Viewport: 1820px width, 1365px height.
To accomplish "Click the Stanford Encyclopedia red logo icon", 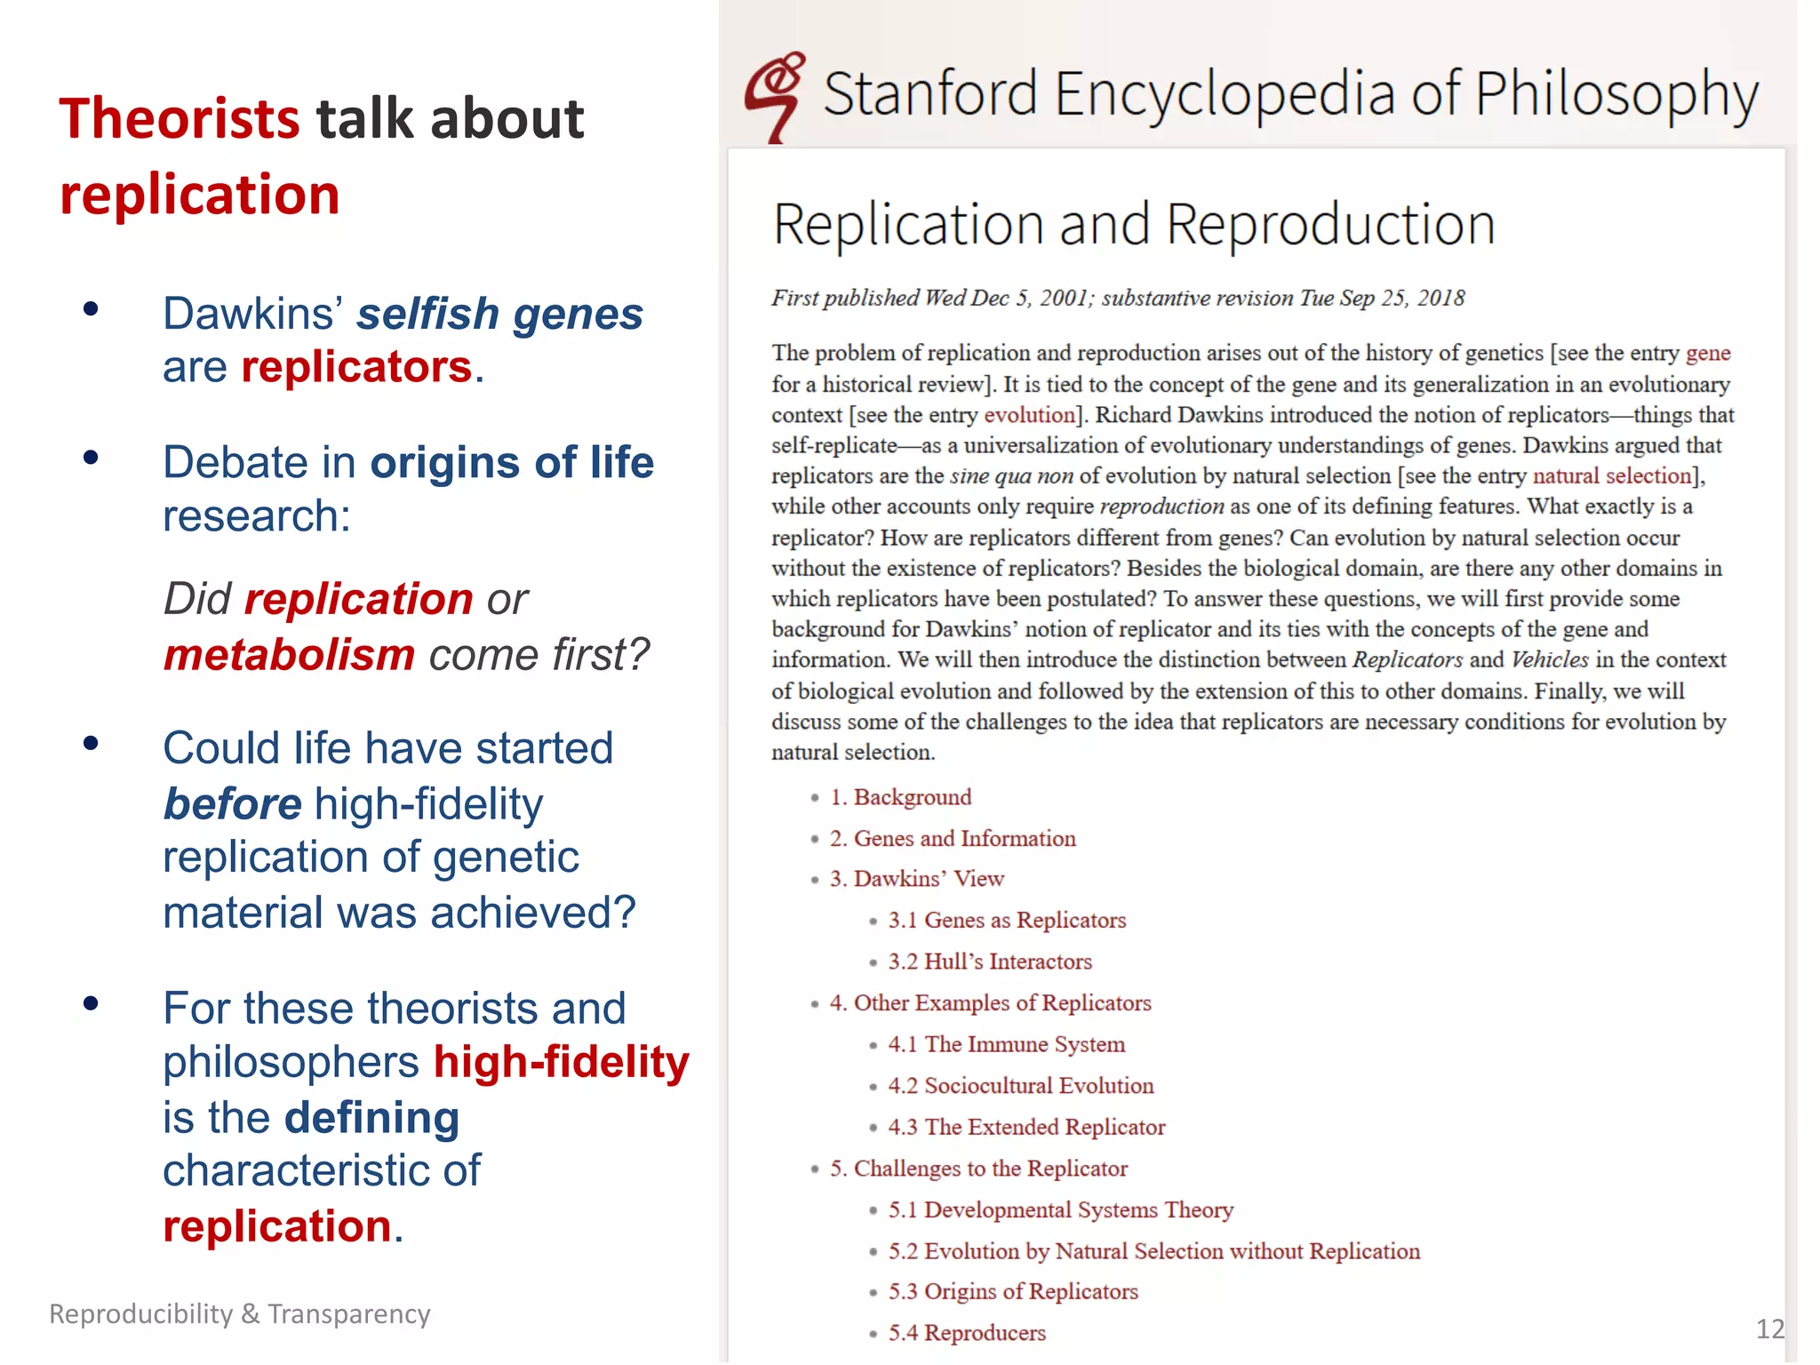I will tap(775, 96).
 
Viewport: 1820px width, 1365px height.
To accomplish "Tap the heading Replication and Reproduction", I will tap(1134, 224).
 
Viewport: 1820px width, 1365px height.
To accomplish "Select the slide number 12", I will tap(1769, 1329).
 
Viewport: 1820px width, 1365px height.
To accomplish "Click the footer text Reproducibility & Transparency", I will tap(240, 1313).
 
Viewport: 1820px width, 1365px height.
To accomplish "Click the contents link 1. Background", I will tap(900, 797).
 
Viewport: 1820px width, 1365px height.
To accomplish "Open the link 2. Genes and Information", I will tap(953, 838).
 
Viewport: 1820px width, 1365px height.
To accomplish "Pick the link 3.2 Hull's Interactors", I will tap(990, 962).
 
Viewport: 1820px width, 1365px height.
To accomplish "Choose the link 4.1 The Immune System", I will tap(1007, 1044).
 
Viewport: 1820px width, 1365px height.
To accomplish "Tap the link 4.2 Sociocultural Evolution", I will tap(1021, 1085).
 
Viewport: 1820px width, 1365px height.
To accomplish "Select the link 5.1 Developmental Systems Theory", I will tap(1061, 1209).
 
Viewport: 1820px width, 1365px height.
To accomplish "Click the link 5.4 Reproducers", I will tap(967, 1333).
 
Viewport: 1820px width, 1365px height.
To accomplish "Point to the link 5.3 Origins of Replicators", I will tap(1013, 1291).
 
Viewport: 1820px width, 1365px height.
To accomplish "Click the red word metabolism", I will tap(290, 655).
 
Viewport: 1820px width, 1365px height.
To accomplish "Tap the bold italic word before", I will tap(233, 804).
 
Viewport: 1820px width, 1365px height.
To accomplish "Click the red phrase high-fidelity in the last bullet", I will tap(562, 1062).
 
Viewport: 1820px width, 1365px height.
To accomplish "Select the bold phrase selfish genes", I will tap(499, 314).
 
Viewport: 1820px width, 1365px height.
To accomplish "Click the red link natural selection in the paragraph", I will tap(1611, 475).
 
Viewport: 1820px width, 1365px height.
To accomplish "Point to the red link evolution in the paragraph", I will tap(1029, 415).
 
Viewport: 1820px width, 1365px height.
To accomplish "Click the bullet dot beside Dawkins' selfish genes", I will tap(90, 309).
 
